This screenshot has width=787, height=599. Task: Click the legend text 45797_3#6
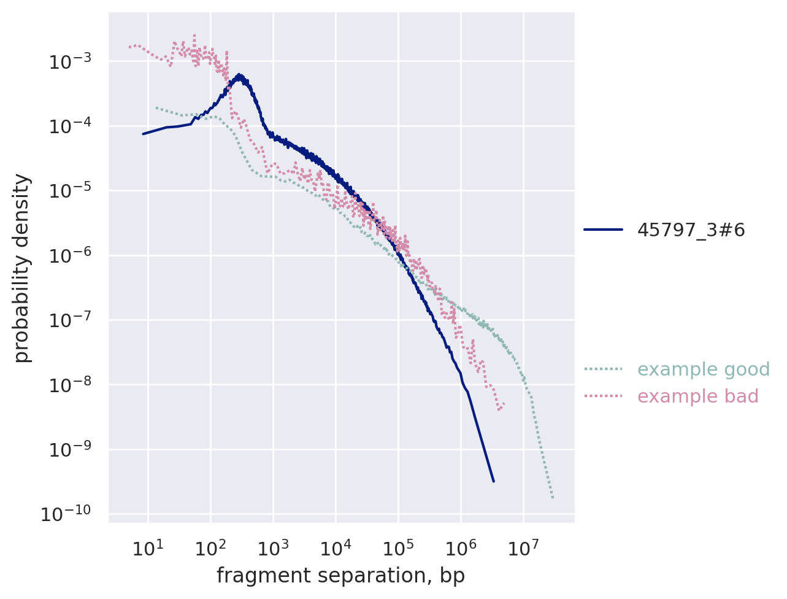pyautogui.click(x=691, y=230)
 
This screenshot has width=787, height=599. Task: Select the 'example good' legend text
pyautogui.click(x=704, y=369)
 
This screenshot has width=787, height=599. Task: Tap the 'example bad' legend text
pyautogui.click(x=698, y=396)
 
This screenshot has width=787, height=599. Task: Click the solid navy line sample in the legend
pyautogui.click(x=603, y=230)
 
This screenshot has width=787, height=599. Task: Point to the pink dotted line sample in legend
pyautogui.click(x=603, y=396)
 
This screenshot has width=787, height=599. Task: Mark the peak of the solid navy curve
pyautogui.click(x=240, y=75)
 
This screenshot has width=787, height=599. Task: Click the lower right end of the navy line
pyautogui.click(x=493, y=481)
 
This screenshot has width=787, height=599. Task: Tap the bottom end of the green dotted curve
pyautogui.click(x=553, y=498)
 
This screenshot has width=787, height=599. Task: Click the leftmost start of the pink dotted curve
pyautogui.click(x=129, y=47)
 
